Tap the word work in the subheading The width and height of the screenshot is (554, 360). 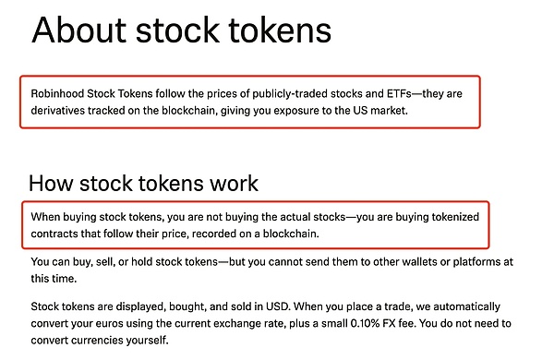[x=234, y=182]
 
